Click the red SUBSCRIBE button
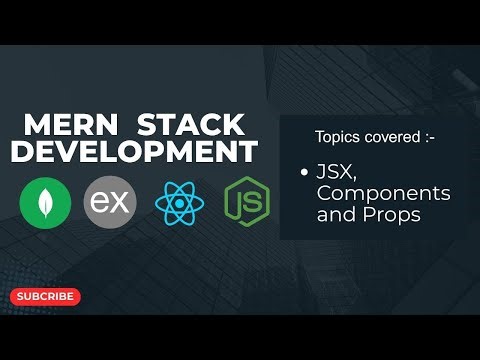click(x=45, y=296)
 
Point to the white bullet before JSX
click(x=303, y=173)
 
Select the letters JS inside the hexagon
click(x=245, y=204)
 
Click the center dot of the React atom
click(x=179, y=204)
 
